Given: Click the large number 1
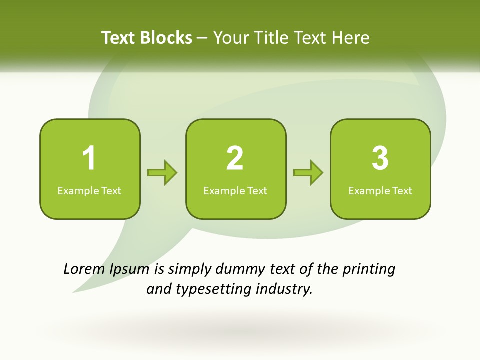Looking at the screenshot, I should click(x=89, y=158).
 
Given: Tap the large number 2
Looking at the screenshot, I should click(x=235, y=158).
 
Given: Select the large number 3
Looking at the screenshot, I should click(x=380, y=158).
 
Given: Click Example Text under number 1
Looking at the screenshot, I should click(x=89, y=191).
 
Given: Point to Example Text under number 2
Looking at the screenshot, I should click(x=235, y=191).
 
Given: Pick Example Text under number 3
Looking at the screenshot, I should click(x=380, y=191).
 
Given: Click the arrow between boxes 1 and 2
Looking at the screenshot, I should click(x=162, y=173).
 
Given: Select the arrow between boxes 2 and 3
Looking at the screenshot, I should click(x=308, y=173).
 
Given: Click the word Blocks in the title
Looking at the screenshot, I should click(x=166, y=38).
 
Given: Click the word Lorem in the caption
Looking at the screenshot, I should click(x=84, y=269).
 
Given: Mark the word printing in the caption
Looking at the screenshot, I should click(x=369, y=270).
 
